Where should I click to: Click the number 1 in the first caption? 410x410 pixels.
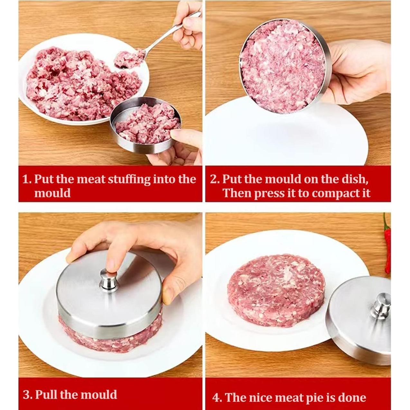pos(25,179)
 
